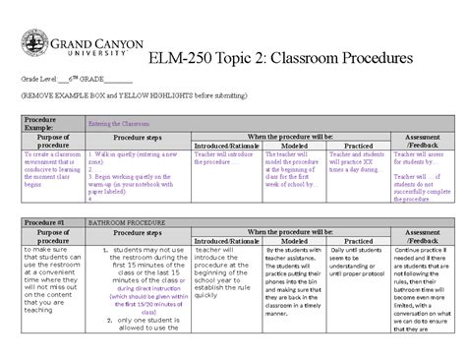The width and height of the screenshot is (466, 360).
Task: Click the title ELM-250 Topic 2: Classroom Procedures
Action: (x=280, y=57)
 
